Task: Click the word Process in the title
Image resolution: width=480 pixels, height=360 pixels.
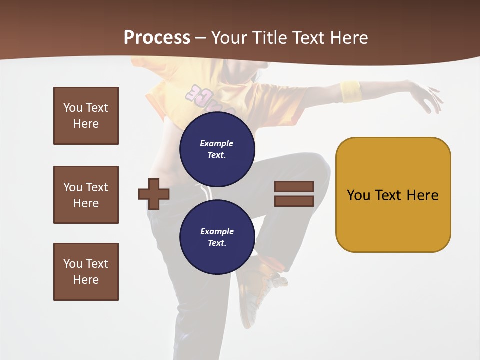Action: click(157, 38)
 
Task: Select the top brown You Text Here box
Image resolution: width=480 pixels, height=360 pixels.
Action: click(86, 116)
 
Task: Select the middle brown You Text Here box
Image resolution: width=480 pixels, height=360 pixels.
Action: click(86, 195)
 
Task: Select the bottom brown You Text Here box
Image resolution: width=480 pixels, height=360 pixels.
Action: click(86, 272)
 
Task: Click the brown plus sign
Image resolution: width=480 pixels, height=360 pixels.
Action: click(154, 194)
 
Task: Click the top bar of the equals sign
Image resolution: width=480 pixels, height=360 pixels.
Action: click(294, 187)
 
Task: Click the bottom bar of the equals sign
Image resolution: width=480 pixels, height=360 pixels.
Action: click(294, 201)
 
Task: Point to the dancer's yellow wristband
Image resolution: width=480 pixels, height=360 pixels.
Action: click(351, 91)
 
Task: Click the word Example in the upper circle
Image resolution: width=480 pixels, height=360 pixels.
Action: click(217, 143)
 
